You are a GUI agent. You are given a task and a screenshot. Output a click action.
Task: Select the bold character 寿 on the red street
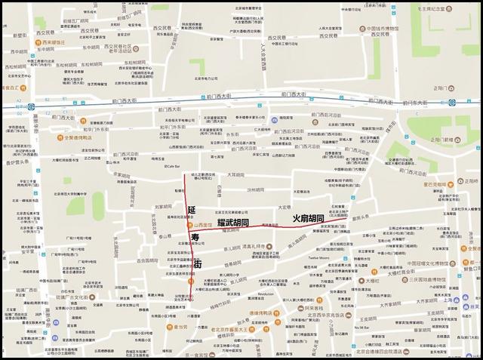[x=195, y=237]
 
